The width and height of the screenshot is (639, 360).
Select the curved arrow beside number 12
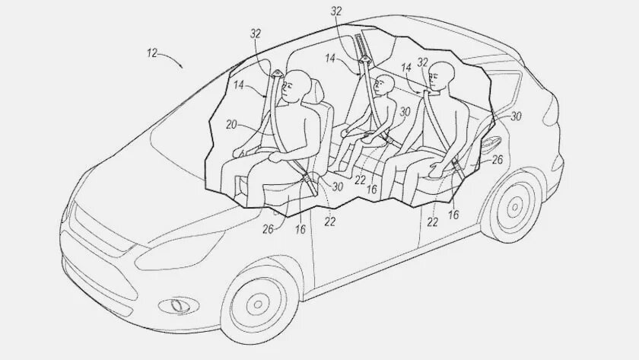171,60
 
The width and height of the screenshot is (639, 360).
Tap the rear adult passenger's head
441,77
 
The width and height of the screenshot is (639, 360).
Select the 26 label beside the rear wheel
498,160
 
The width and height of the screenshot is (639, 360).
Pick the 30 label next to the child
405,112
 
